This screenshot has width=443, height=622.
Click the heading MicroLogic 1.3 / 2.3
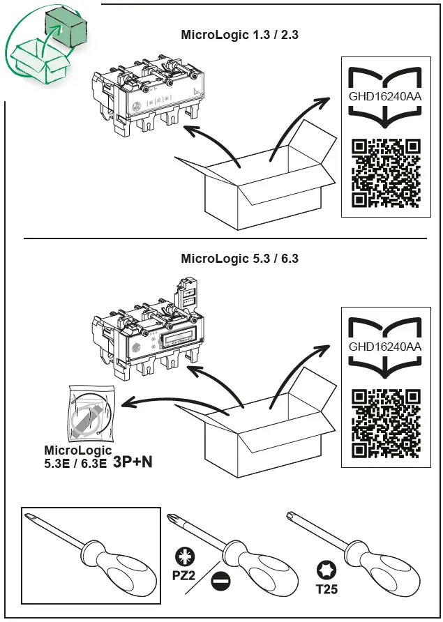(239, 34)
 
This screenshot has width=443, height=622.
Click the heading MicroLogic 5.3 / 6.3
(239, 259)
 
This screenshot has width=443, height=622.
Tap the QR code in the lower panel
(386, 424)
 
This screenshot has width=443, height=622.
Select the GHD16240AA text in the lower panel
(385, 347)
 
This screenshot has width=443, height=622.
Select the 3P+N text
(133, 462)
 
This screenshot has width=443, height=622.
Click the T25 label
(325, 589)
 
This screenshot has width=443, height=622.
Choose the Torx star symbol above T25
(324, 570)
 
